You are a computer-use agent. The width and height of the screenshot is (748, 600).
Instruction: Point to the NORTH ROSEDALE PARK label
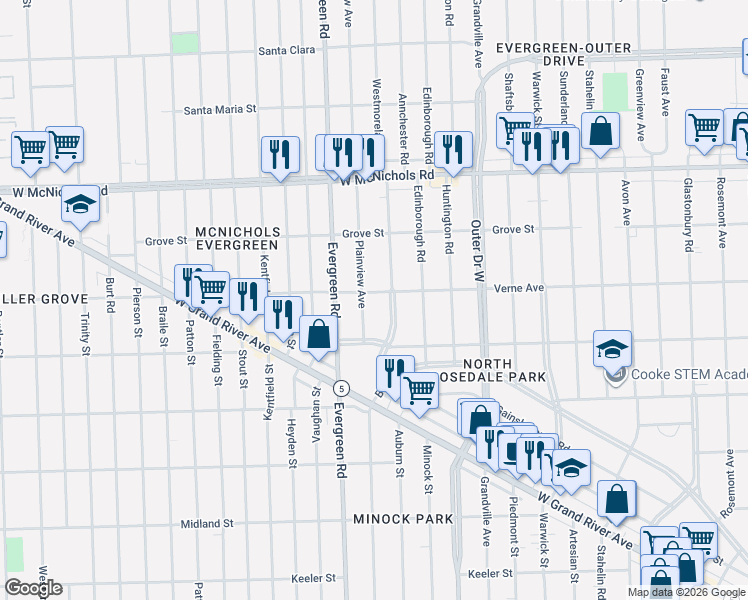[x=500, y=370]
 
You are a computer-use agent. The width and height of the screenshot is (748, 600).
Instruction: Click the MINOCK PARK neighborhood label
[x=403, y=519]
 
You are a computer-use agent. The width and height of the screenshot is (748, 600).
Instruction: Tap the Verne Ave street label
[x=518, y=288]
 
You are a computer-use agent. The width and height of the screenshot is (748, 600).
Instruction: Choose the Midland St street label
[x=207, y=523]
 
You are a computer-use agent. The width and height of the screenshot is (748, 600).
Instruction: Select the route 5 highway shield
[x=342, y=387]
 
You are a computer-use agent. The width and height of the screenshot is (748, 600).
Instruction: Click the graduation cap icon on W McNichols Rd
[x=81, y=205]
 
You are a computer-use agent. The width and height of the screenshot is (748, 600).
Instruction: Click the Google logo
[x=33, y=588]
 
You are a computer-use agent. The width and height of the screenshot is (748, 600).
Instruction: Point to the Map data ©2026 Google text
[x=685, y=592]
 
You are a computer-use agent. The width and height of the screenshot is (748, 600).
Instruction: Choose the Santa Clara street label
[x=287, y=50]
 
